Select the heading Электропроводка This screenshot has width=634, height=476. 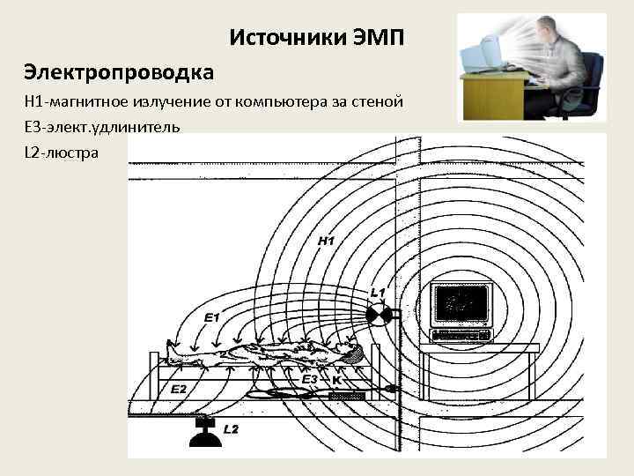click(120, 70)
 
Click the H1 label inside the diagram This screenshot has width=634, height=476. click(326, 240)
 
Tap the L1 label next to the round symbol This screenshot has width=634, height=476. click(378, 292)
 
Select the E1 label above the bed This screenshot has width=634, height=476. click(212, 316)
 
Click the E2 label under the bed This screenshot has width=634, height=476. click(178, 389)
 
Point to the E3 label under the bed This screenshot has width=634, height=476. click(309, 379)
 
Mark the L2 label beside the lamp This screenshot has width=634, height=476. click(231, 429)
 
